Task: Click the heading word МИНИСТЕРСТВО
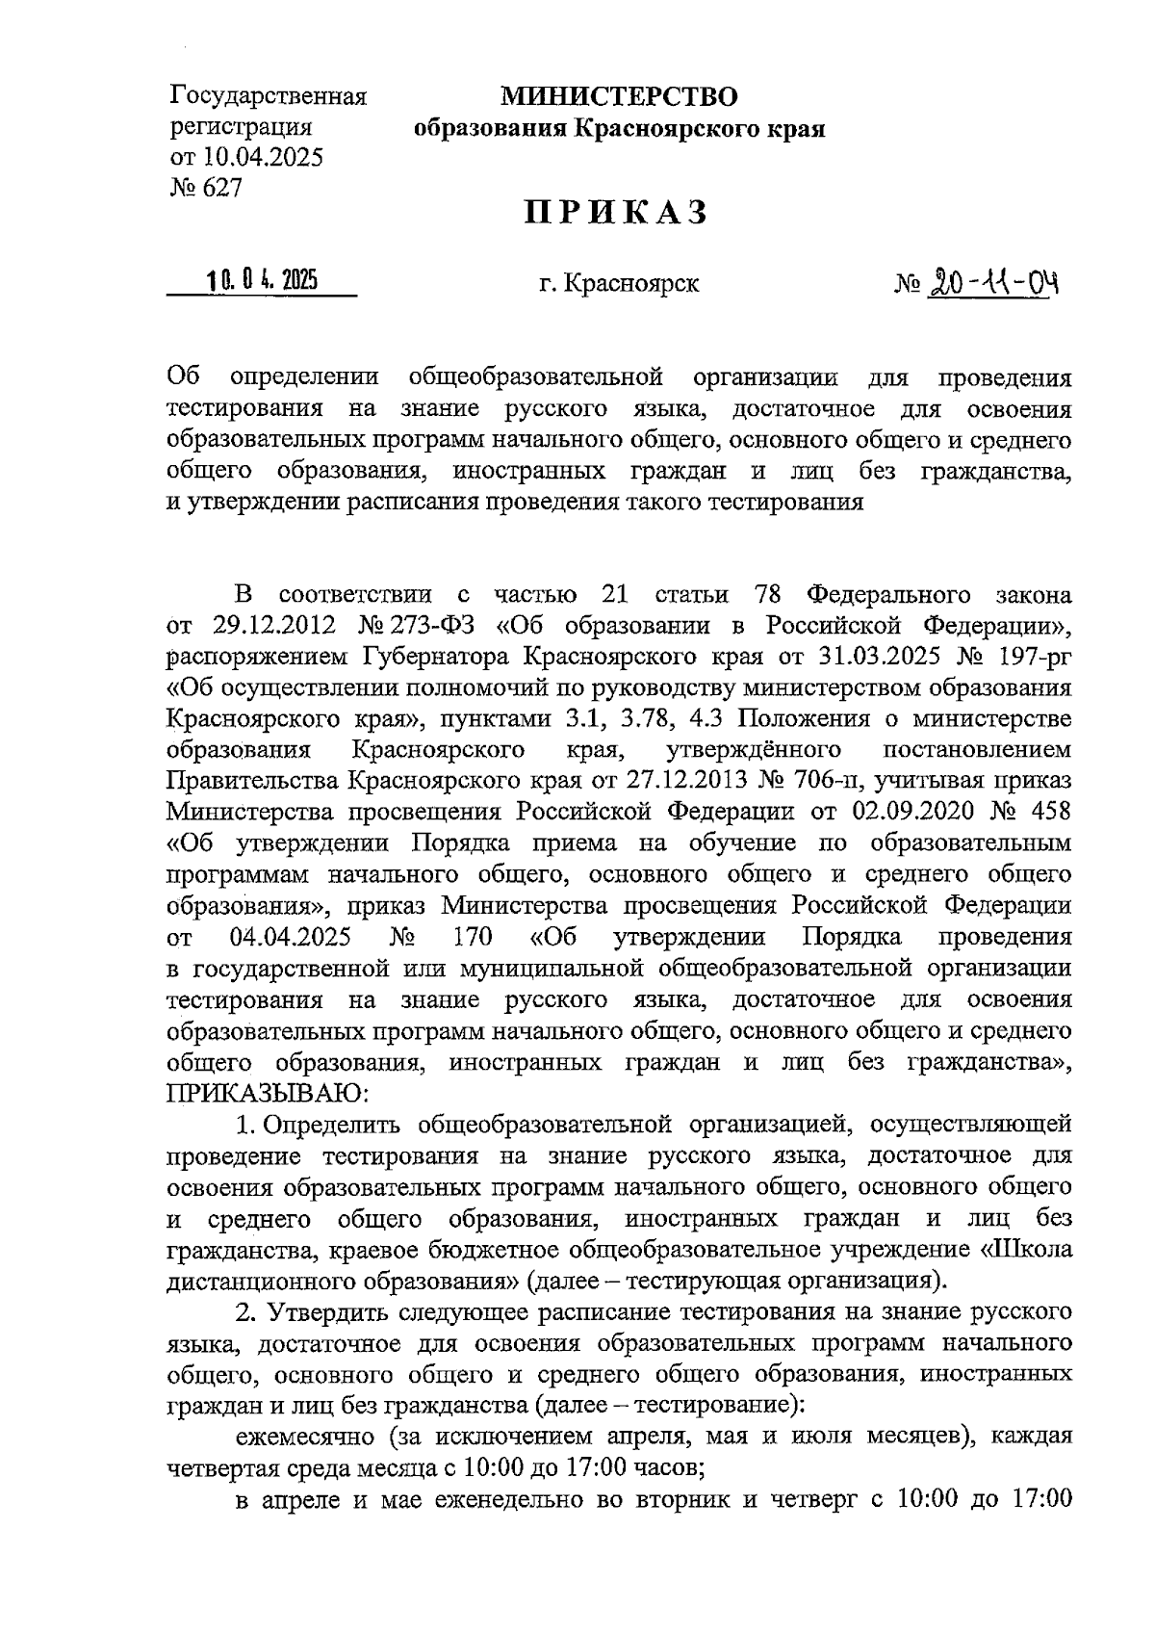point(618,96)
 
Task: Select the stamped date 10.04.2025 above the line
point(261,281)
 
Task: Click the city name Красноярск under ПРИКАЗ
point(631,284)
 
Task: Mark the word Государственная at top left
point(269,97)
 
